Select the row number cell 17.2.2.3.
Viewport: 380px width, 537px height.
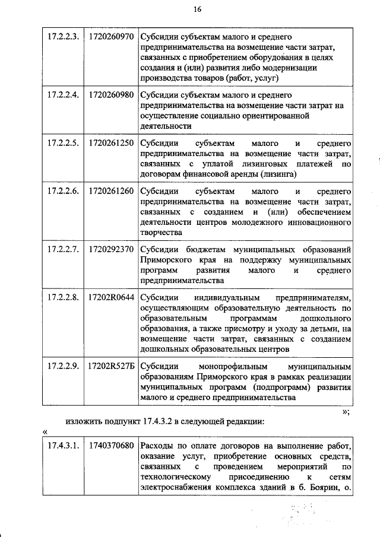click(x=63, y=36)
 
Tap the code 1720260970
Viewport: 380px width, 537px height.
click(x=110, y=36)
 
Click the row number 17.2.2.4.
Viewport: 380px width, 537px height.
click(x=63, y=94)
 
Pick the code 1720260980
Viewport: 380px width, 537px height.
click(x=110, y=94)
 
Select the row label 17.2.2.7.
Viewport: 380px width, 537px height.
click(x=63, y=249)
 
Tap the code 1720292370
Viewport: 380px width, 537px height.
click(x=110, y=249)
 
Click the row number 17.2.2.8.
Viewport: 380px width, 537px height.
click(x=63, y=298)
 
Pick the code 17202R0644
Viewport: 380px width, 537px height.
click(x=110, y=298)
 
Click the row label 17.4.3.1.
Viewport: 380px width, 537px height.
click(x=63, y=445)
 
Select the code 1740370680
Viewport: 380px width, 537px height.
click(x=110, y=445)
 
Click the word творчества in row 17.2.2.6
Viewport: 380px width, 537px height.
click(x=160, y=232)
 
